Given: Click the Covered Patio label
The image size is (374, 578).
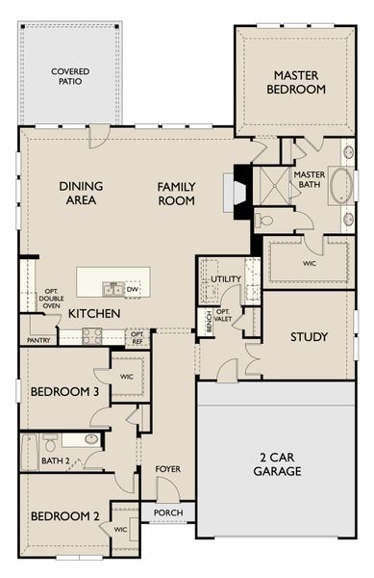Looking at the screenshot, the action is coord(70,76).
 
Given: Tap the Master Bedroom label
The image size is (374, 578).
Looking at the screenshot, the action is coord(296,82).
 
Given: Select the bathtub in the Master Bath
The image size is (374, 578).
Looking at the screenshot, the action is coord(342,185).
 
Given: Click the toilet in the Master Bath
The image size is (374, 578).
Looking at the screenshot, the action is coord(264,221).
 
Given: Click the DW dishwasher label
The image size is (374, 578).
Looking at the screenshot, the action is coord(133,289).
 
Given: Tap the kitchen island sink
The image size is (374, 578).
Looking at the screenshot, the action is coord(113,289).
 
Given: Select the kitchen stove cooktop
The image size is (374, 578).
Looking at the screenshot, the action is coord(92,336).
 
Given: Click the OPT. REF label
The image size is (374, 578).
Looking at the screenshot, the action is coord(137,338).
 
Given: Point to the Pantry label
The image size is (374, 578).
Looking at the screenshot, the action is coord(38,341).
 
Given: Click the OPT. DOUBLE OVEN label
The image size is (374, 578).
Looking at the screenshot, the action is coord(52,299).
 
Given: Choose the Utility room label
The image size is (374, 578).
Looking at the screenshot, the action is coord(226,279).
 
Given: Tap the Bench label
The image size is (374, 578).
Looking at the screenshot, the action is coord(209,322).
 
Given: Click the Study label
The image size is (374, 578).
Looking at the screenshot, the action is coord(309,336).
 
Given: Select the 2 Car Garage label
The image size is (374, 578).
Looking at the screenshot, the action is coord(277,464).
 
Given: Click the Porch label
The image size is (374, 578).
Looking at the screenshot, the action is coord(168,512).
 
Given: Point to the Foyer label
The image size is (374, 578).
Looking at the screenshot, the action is coord(167,469).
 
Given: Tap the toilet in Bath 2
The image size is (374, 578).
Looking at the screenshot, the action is coord(50,442).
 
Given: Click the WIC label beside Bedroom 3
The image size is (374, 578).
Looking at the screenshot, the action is coord(127,377).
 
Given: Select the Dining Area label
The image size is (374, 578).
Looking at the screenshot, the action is coord(81,194).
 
